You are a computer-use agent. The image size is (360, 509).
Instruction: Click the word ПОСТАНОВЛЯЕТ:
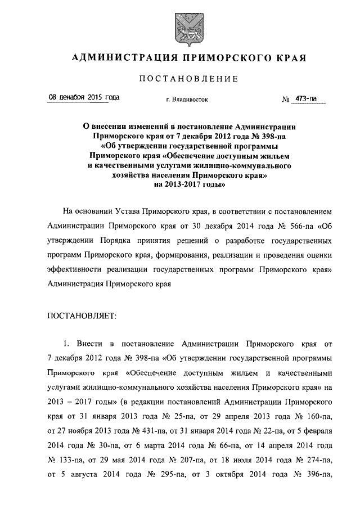[82, 316]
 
